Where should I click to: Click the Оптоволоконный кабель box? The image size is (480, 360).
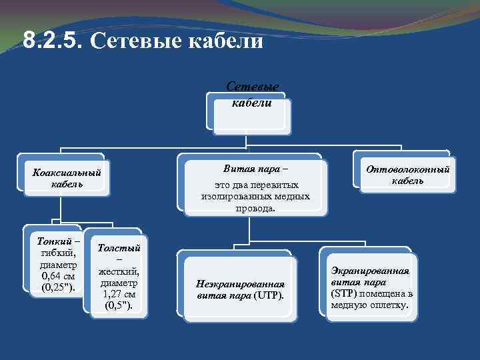pyautogui.click(x=407, y=175)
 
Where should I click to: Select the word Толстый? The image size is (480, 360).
pyautogui.click(x=119, y=247)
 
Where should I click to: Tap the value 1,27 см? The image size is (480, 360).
pyautogui.click(x=119, y=294)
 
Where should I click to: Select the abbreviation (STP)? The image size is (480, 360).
pyautogui.click(x=344, y=294)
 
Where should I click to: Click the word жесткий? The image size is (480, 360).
pyautogui.click(x=119, y=271)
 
